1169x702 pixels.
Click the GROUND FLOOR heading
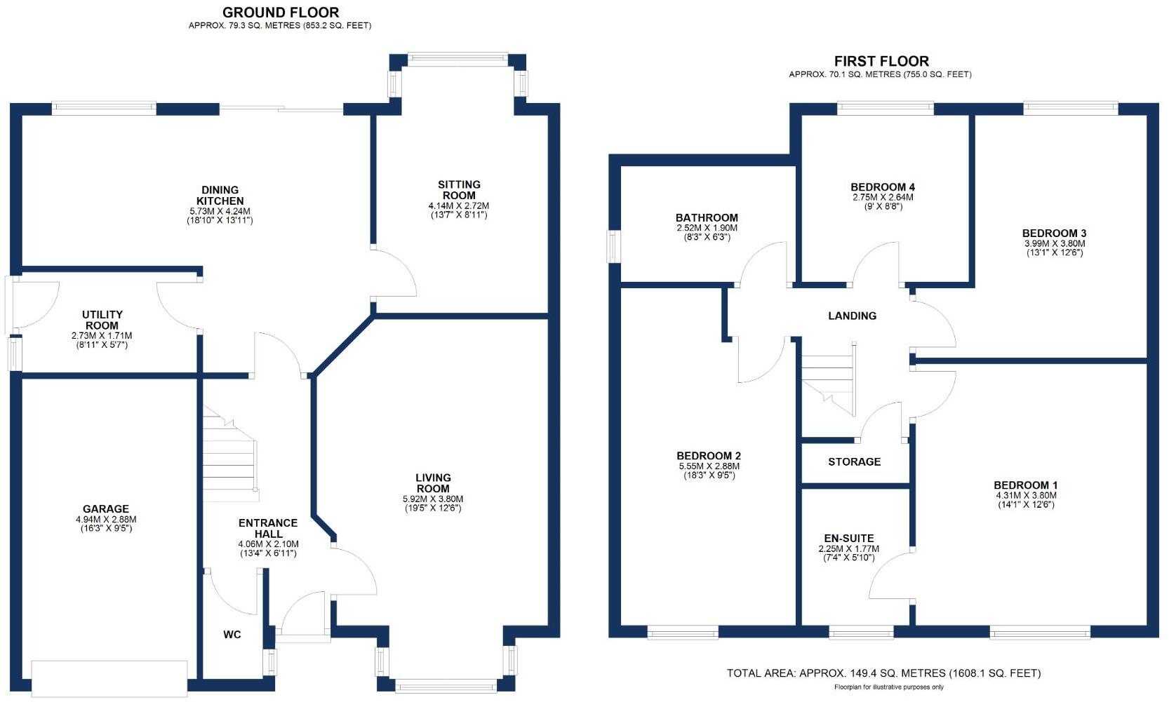coord(281,13)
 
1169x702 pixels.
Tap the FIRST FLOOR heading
coord(881,62)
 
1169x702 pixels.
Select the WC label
coord(232,635)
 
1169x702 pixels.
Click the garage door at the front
coord(109,678)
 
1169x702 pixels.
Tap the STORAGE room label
coord(854,462)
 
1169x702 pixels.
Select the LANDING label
coord(852,316)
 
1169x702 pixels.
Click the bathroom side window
coord(614,247)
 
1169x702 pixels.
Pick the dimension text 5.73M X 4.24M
coord(220,211)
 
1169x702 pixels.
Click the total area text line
coord(883,673)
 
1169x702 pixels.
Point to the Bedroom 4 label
coord(882,187)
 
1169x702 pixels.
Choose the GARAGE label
coord(106,509)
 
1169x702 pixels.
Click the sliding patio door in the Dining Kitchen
coord(281,109)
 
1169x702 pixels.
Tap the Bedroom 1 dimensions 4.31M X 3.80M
coord(1025,495)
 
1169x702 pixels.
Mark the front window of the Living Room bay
coord(446,685)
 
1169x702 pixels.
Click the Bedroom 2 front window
coord(682,633)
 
